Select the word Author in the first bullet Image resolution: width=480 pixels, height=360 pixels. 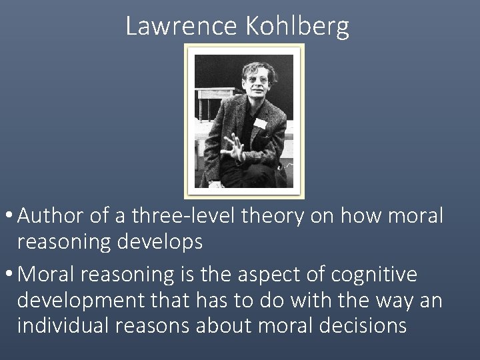pos(52,217)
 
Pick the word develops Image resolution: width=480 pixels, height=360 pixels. pos(161,242)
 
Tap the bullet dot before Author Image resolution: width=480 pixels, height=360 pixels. pos(9,217)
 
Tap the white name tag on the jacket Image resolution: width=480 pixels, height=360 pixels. pos(260,123)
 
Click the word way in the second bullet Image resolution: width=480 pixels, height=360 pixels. pos(391,301)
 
